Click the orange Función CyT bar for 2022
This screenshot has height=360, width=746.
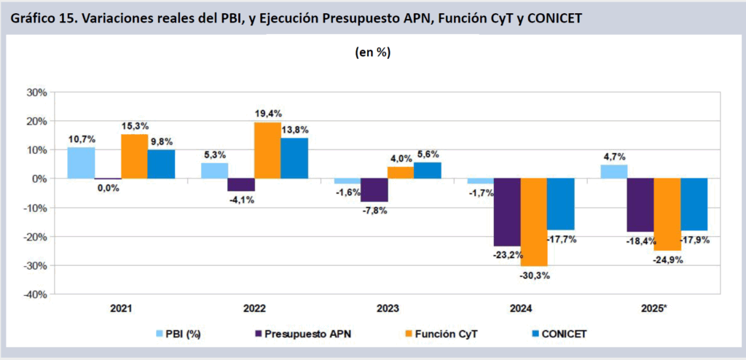pyautogui.click(x=267, y=150)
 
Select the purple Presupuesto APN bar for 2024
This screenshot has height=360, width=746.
pyautogui.click(x=507, y=212)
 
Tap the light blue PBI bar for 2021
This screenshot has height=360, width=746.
pyautogui.click(x=81, y=163)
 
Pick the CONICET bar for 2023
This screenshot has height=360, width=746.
pyautogui.click(x=427, y=171)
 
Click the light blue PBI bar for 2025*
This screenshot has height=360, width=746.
pyautogui.click(x=614, y=171)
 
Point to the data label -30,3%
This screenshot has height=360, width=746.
pyautogui.click(x=534, y=275)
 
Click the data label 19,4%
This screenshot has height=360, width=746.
pyautogui.click(x=269, y=114)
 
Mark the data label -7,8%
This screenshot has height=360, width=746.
pyautogui.click(x=374, y=211)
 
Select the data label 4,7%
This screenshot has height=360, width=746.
pyautogui.click(x=614, y=156)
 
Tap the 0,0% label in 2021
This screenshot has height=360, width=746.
pyautogui.click(x=107, y=188)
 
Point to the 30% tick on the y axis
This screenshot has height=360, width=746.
pyautogui.click(x=36, y=93)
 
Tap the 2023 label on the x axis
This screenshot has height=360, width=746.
pyautogui.click(x=388, y=308)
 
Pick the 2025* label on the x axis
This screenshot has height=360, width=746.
pyautogui.click(x=653, y=308)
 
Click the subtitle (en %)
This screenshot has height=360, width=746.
pyautogui.click(x=374, y=52)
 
